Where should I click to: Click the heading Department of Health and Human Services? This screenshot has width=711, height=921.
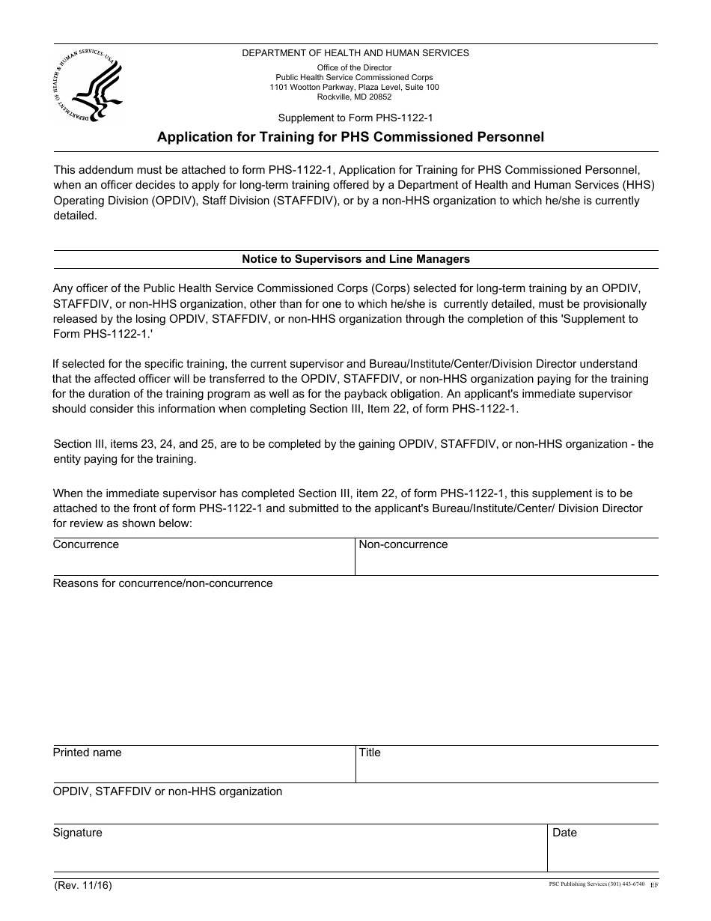(x=355, y=53)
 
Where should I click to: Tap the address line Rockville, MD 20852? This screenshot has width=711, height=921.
(x=354, y=97)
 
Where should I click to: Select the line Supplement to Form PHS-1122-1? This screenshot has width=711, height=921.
(x=355, y=118)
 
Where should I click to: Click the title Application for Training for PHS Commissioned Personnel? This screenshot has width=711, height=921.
(x=350, y=137)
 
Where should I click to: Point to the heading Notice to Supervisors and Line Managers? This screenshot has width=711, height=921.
(x=355, y=259)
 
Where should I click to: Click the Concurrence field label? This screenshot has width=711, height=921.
(x=85, y=544)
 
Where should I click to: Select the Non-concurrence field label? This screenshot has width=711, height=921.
(x=403, y=544)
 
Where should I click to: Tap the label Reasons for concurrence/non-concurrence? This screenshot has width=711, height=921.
(x=162, y=583)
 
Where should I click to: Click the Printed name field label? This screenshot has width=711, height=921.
(x=87, y=753)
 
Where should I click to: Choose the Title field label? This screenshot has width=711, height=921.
(x=370, y=753)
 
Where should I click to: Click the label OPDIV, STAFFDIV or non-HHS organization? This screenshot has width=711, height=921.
(x=168, y=791)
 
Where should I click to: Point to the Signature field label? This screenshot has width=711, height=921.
(x=77, y=833)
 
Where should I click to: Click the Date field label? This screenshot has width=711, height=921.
(x=564, y=833)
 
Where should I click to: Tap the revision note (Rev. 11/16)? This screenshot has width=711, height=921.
(x=82, y=885)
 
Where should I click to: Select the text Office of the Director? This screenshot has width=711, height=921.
(x=354, y=67)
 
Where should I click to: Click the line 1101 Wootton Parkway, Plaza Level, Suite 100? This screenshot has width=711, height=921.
(x=354, y=87)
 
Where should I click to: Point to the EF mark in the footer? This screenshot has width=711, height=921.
(x=654, y=885)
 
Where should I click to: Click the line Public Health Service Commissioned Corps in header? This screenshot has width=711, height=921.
(x=354, y=77)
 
